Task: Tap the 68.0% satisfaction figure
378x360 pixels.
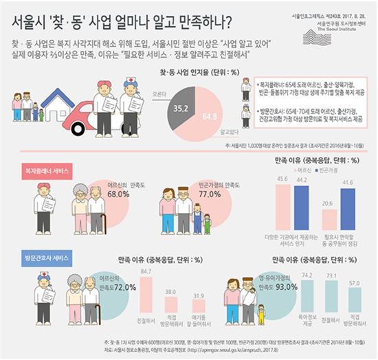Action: pyautogui.click(x=119, y=194)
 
